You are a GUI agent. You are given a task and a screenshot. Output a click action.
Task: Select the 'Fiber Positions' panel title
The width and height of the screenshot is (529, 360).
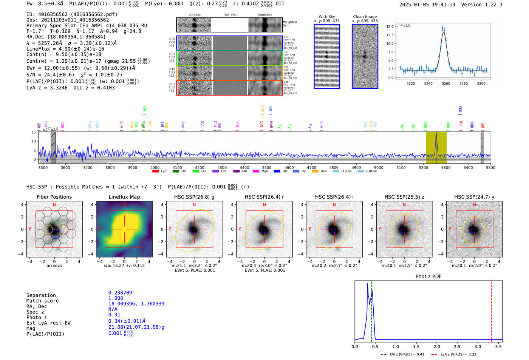tap(54, 197)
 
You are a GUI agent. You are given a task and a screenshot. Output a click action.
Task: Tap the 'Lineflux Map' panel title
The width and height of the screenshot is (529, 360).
tap(124, 197)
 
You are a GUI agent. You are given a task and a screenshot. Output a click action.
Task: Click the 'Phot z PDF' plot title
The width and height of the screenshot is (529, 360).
tap(428, 277)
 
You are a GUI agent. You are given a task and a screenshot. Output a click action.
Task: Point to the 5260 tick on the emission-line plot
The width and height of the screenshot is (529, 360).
tap(446, 83)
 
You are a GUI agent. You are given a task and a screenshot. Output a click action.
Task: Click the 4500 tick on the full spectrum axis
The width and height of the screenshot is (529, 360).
tap(267, 167)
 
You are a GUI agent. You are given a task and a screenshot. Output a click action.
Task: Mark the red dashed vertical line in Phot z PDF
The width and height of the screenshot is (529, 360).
tap(491, 310)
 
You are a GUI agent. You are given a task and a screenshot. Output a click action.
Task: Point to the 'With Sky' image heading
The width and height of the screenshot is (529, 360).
tap(327, 17)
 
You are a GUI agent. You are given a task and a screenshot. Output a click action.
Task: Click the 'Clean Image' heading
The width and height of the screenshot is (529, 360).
tap(365, 17)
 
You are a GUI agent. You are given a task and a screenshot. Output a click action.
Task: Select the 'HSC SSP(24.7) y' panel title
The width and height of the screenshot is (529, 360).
tap(474, 197)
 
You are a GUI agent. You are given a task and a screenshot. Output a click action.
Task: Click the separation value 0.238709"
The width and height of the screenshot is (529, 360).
tap(121, 293)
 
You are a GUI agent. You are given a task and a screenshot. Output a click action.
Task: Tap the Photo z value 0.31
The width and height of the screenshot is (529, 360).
tap(114, 315)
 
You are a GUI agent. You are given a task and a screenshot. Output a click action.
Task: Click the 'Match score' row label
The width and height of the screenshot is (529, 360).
tap(43, 301)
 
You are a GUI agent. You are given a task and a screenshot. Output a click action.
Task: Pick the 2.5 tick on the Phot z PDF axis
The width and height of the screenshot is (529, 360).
tap(457, 346)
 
